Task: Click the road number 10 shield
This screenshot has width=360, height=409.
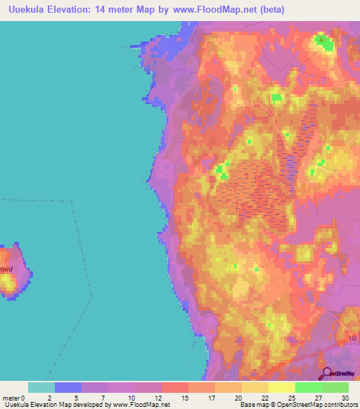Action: click(352, 339)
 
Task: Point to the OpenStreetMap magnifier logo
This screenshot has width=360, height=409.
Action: click(328, 374)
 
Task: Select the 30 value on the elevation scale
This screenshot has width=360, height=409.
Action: click(344, 398)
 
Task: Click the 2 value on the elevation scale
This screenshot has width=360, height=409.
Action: click(49, 398)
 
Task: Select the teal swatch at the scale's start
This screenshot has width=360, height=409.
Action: click(41, 387)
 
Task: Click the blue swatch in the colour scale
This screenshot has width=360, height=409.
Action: click(68, 387)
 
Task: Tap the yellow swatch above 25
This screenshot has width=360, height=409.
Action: click(281, 387)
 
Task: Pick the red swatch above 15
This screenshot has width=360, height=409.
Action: click(174, 387)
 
